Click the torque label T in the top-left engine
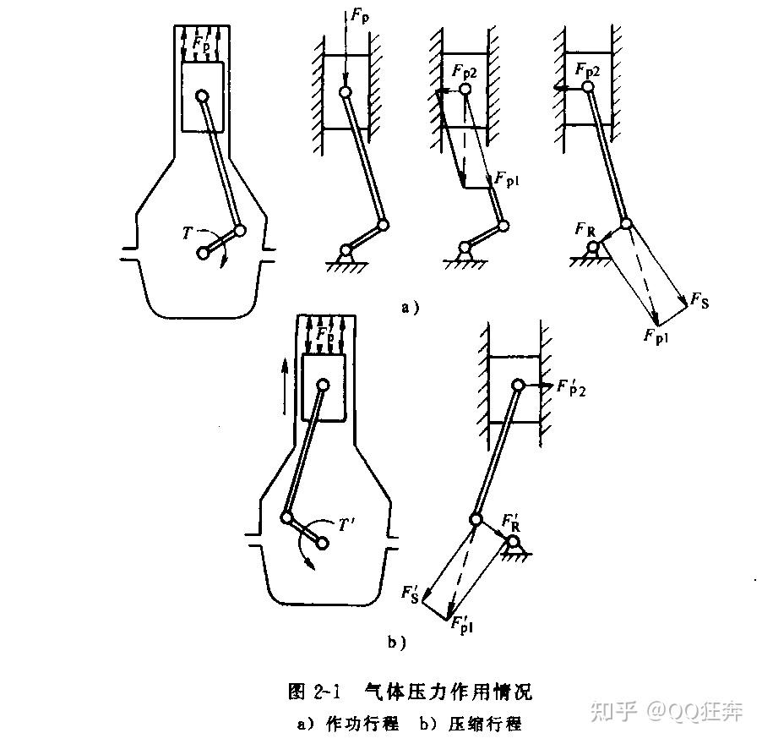pos(188,232)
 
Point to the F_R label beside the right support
pos(583,229)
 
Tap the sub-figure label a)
pos(409,309)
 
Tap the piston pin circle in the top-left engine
pos(202,96)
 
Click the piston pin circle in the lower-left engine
pos(323,385)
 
